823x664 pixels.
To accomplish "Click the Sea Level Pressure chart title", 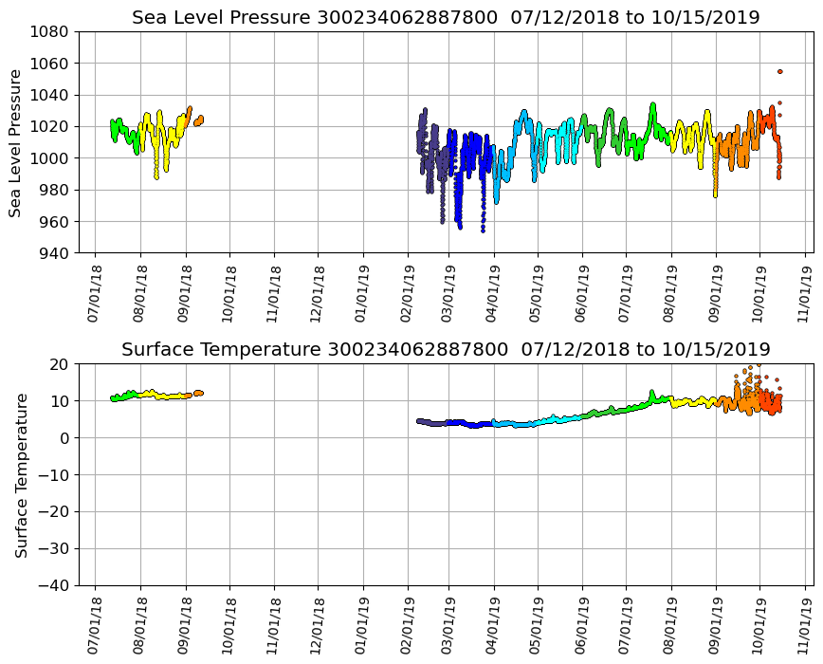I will click(x=446, y=17).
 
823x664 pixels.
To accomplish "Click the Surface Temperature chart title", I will click(x=446, y=349).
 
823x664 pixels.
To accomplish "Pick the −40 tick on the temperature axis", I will click(x=53, y=585).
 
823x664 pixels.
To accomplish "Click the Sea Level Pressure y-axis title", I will click(x=15, y=142).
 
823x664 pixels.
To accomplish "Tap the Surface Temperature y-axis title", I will click(x=20, y=474).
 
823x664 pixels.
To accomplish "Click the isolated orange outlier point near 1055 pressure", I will click(x=779, y=71).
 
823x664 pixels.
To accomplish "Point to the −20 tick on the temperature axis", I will click(x=53, y=511).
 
